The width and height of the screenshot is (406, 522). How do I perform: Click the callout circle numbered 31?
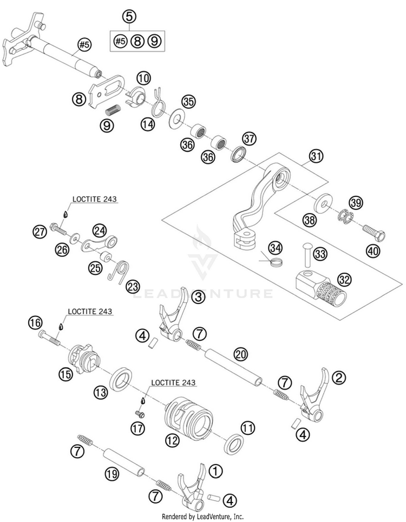click(x=316, y=156)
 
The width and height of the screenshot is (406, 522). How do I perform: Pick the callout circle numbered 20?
click(x=240, y=354)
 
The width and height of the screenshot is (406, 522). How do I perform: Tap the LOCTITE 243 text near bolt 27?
click(x=95, y=199)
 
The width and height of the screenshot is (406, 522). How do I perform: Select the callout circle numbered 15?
click(x=66, y=374)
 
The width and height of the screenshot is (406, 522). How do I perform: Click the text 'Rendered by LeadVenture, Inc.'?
click(x=202, y=517)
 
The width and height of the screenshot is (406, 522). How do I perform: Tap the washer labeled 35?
click(x=176, y=118)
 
